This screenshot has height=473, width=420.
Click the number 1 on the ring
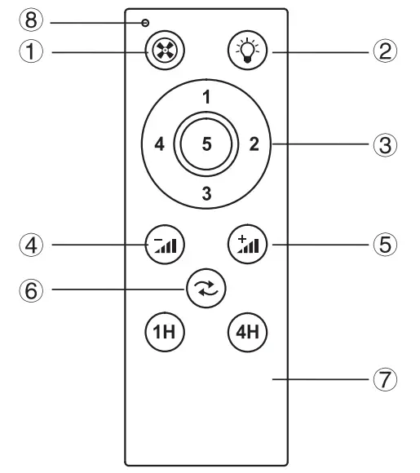pos(207,97)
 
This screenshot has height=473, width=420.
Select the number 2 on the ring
pos(254,145)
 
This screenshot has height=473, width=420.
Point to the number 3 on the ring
pos(207,193)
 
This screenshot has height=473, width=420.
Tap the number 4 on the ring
pos(159,145)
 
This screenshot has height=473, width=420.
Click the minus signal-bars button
pos(164,242)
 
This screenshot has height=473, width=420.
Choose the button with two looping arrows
pos(206,287)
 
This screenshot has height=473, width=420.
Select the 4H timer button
pos(245,333)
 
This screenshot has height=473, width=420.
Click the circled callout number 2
pos(385,51)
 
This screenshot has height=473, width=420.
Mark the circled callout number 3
pos(385,146)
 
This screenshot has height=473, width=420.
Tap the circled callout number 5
pos(385,242)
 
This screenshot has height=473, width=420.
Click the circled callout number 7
pos(385,379)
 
